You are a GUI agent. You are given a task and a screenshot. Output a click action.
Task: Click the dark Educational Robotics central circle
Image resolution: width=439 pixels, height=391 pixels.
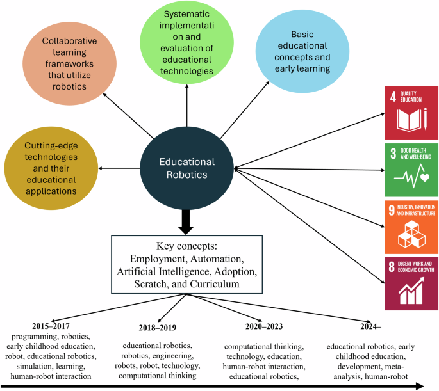tap(187, 168)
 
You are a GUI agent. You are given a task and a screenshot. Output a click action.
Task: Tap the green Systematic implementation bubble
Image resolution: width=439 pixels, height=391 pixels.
tap(187, 45)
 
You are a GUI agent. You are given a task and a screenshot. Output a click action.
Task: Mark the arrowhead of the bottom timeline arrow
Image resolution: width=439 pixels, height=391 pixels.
tap(420, 385)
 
